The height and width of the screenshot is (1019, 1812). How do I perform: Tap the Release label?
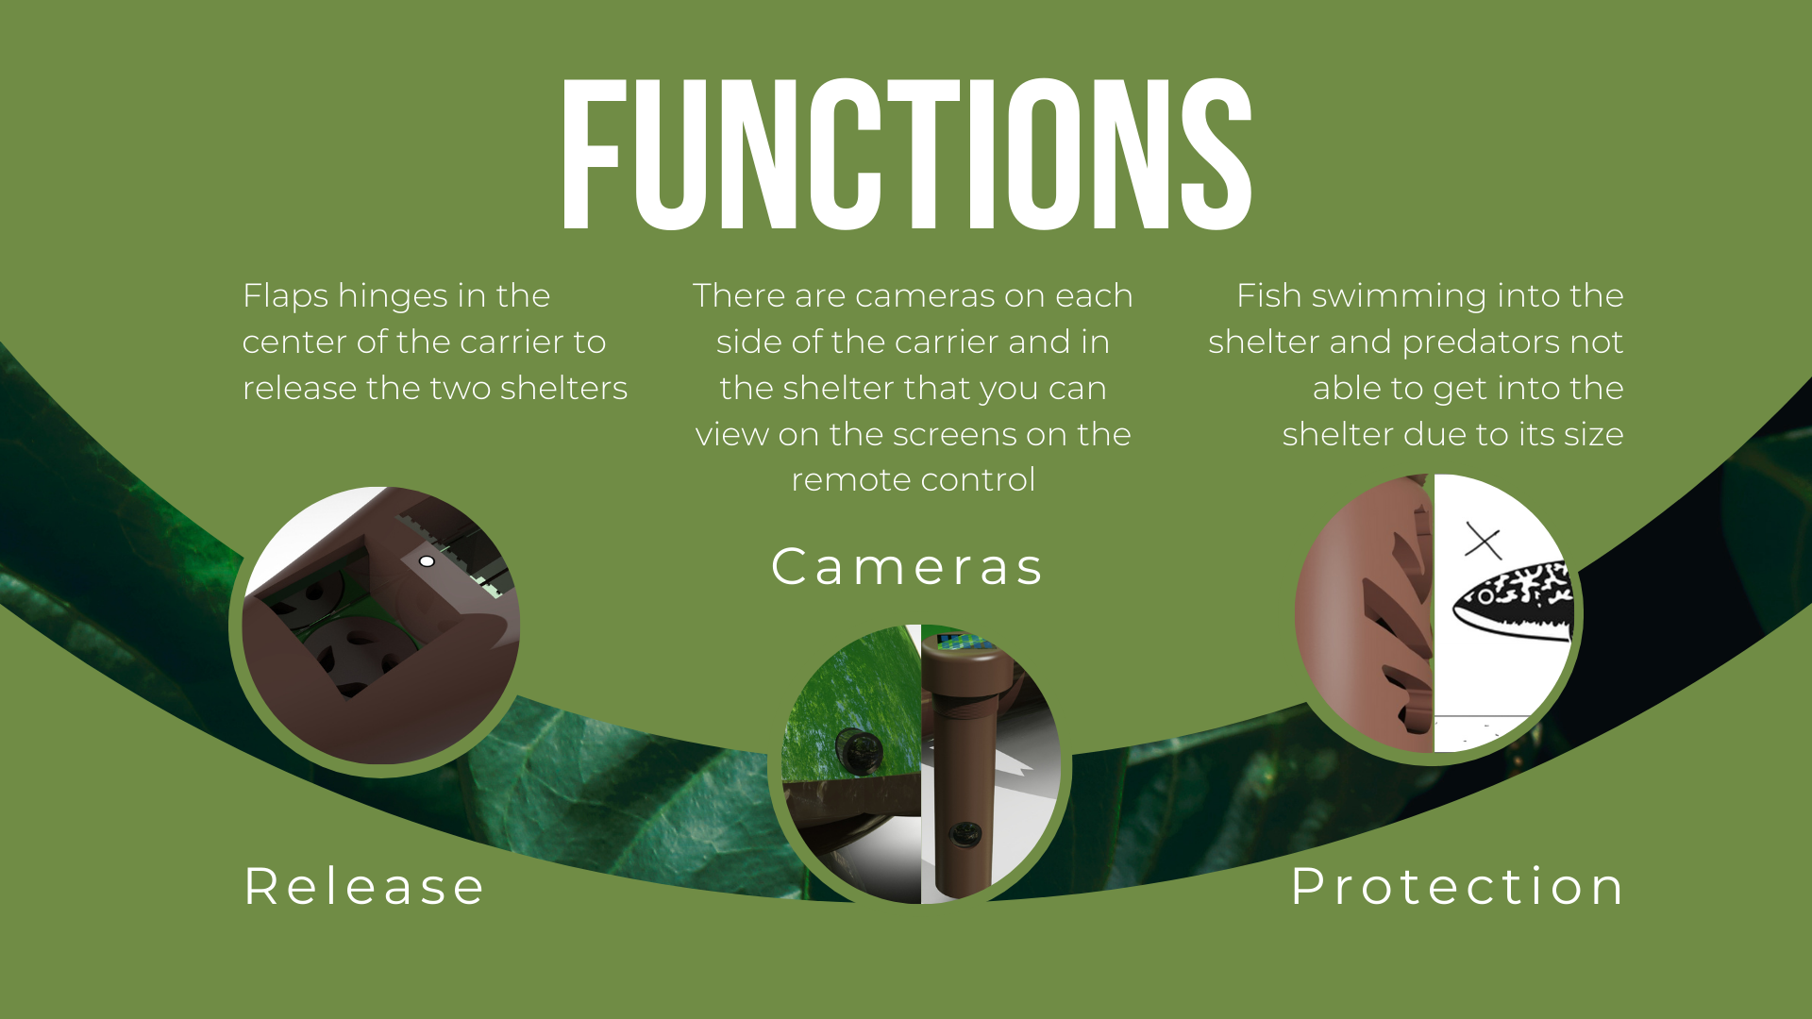pos(364,887)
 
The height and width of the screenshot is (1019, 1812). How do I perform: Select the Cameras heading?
pos(907,567)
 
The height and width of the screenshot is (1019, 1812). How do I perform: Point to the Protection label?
pos(1457,887)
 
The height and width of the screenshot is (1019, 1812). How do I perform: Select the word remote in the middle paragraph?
pos(851,480)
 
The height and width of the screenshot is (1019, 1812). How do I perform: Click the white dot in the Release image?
pos(427,561)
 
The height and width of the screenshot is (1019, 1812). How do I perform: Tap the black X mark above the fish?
pos(1483,542)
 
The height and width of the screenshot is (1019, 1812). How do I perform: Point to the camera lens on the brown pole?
pos(965,833)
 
